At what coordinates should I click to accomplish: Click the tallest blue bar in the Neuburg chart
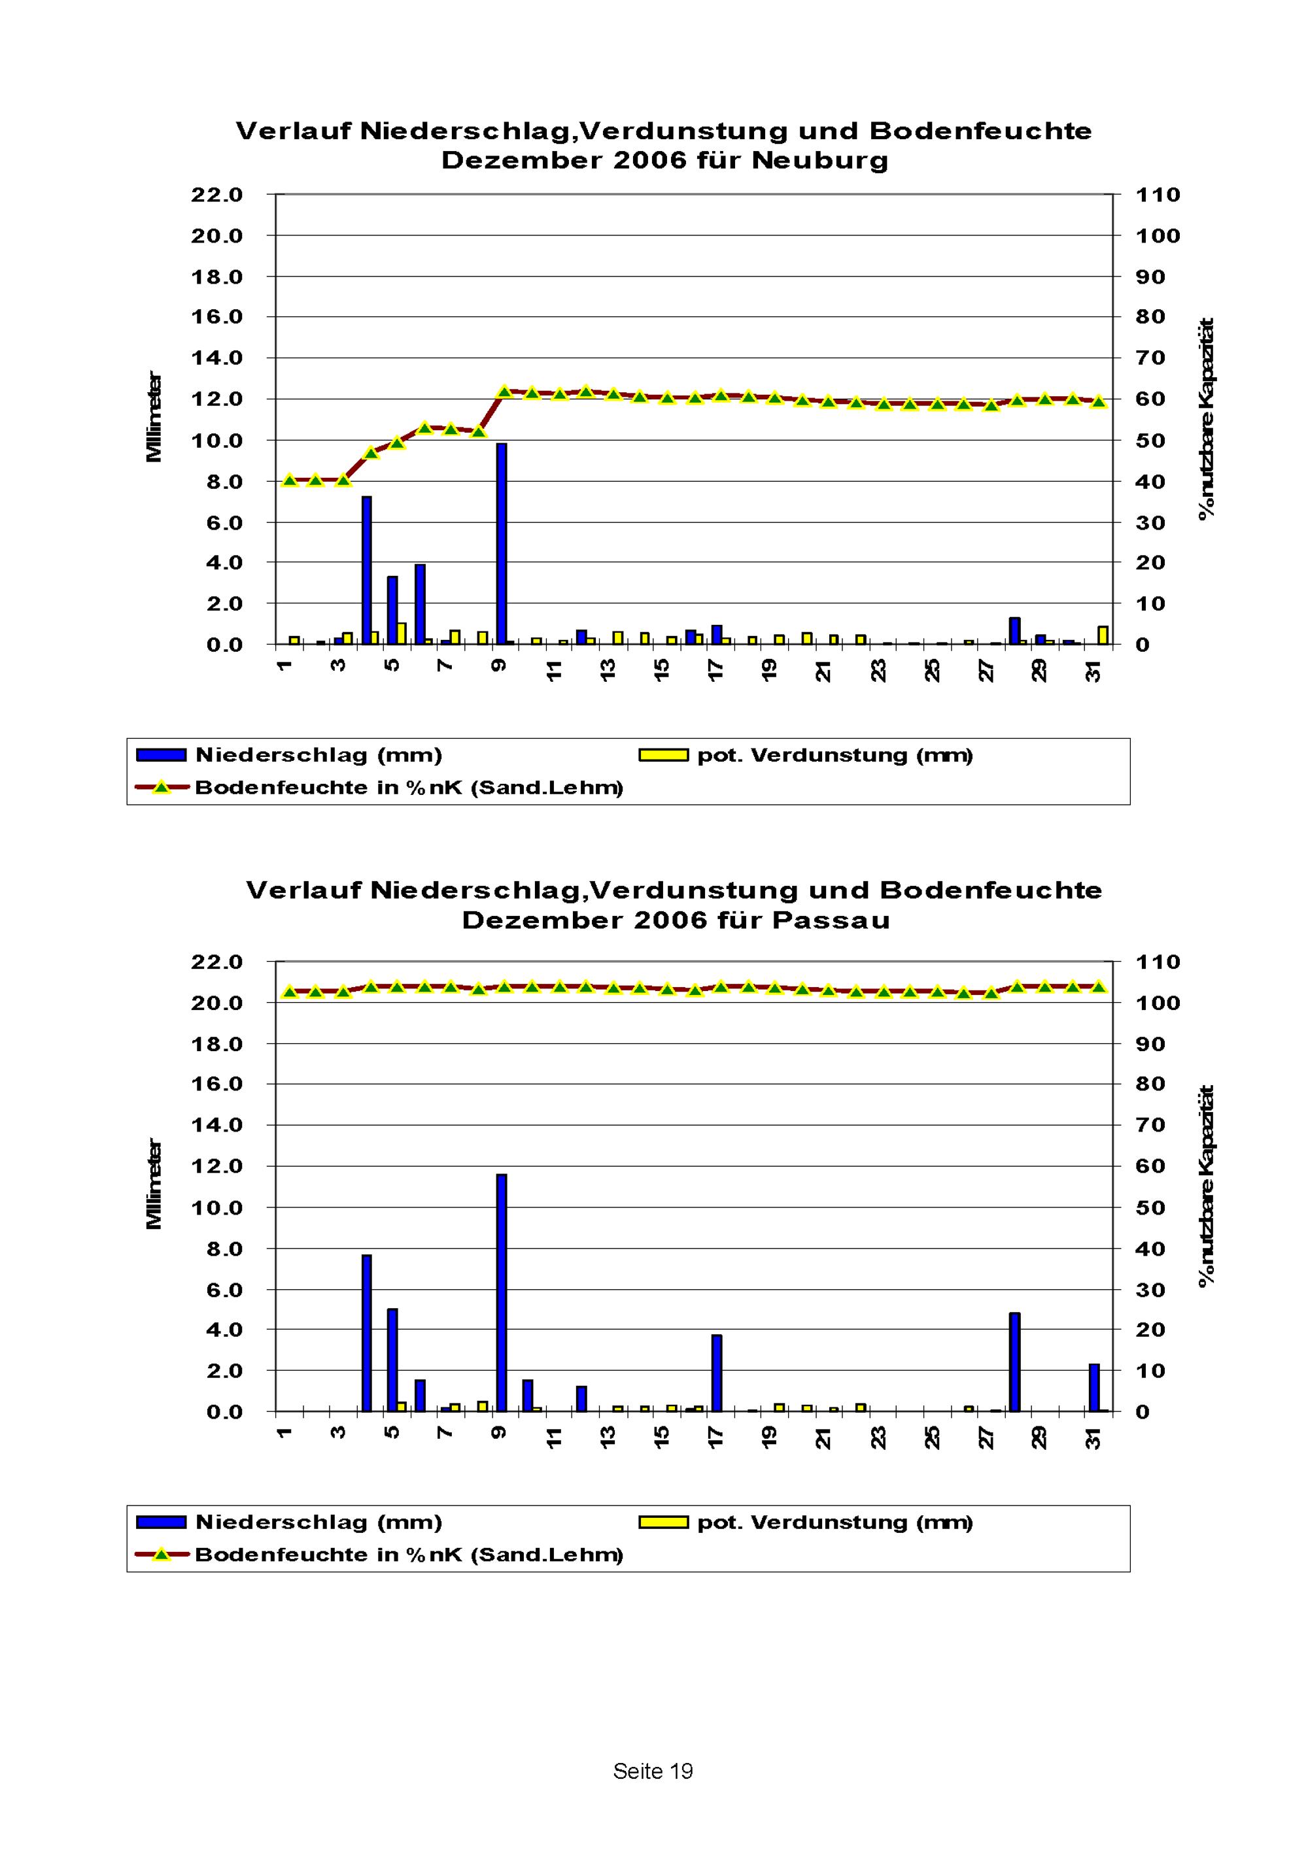pyautogui.click(x=501, y=543)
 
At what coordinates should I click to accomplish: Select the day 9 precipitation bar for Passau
pyautogui.click(x=501, y=1292)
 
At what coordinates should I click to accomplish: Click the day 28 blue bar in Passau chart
pyautogui.click(x=1014, y=1362)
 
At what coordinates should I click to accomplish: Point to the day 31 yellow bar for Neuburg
pyautogui.click(x=1103, y=635)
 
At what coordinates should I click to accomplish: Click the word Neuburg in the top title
pyautogui.click(x=819, y=160)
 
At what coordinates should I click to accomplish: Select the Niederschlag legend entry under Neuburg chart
pyautogui.click(x=318, y=755)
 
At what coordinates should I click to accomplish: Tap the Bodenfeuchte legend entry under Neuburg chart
pyautogui.click(x=409, y=787)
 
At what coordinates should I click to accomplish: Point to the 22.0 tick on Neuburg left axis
pyautogui.click(x=216, y=195)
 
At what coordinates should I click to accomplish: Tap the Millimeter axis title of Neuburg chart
pyautogui.click(x=154, y=417)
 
